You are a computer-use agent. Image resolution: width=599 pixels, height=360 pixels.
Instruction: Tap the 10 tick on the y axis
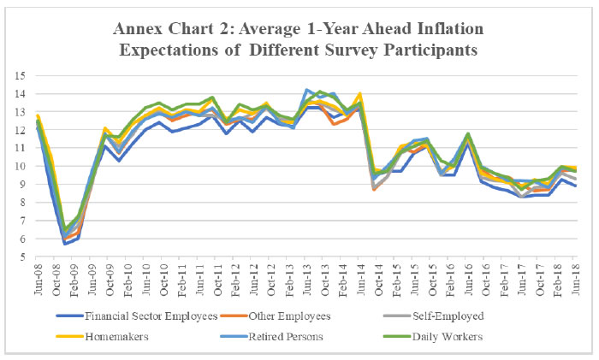23,168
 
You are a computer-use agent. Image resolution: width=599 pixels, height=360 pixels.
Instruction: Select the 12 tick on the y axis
23,131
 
